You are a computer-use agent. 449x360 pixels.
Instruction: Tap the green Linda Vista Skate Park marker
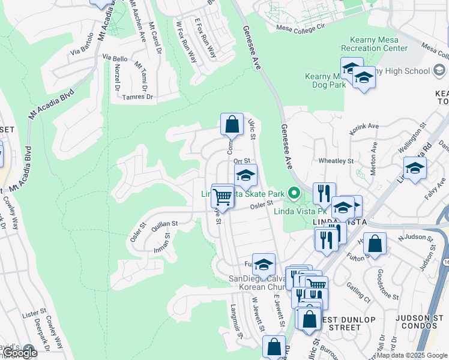294,193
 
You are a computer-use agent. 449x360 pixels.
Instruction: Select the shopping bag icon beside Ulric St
232,125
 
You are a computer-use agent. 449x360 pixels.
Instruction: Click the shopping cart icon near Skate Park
223,196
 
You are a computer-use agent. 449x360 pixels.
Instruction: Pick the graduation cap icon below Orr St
245,176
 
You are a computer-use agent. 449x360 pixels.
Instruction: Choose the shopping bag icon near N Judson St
375,244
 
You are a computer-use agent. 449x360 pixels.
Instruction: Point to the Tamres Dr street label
137,97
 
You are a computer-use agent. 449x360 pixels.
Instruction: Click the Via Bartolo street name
83,51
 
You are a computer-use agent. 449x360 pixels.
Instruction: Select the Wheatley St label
336,161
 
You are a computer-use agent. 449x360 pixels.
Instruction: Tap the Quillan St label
164,223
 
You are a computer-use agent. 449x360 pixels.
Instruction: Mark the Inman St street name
162,243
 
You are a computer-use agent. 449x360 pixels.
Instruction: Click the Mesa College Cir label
300,27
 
